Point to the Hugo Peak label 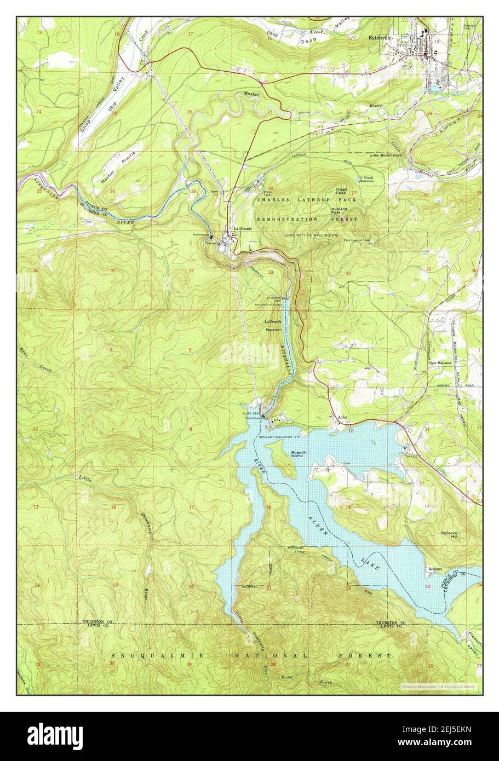pos(342,190)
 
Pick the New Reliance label pos(440,363)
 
